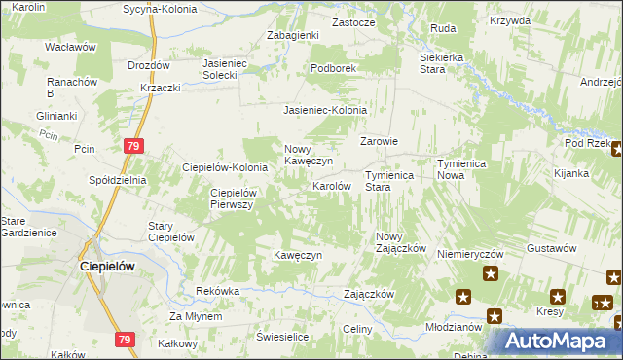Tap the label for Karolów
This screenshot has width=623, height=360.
click(x=331, y=185)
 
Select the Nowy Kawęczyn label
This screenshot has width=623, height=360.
click(x=309, y=155)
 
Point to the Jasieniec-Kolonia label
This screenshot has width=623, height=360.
click(x=325, y=110)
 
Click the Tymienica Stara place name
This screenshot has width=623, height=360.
click(x=390, y=181)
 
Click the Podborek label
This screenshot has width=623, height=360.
click(x=334, y=68)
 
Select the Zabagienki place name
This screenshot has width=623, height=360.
click(x=293, y=35)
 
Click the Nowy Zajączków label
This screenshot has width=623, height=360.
click(x=401, y=242)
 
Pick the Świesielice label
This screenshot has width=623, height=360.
click(x=282, y=336)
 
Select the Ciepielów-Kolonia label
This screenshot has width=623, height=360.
click(x=225, y=167)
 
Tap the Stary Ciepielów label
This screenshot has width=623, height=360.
click(x=171, y=232)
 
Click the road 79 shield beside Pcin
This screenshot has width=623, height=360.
click(x=135, y=146)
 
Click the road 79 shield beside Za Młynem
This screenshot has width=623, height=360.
click(x=124, y=340)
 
